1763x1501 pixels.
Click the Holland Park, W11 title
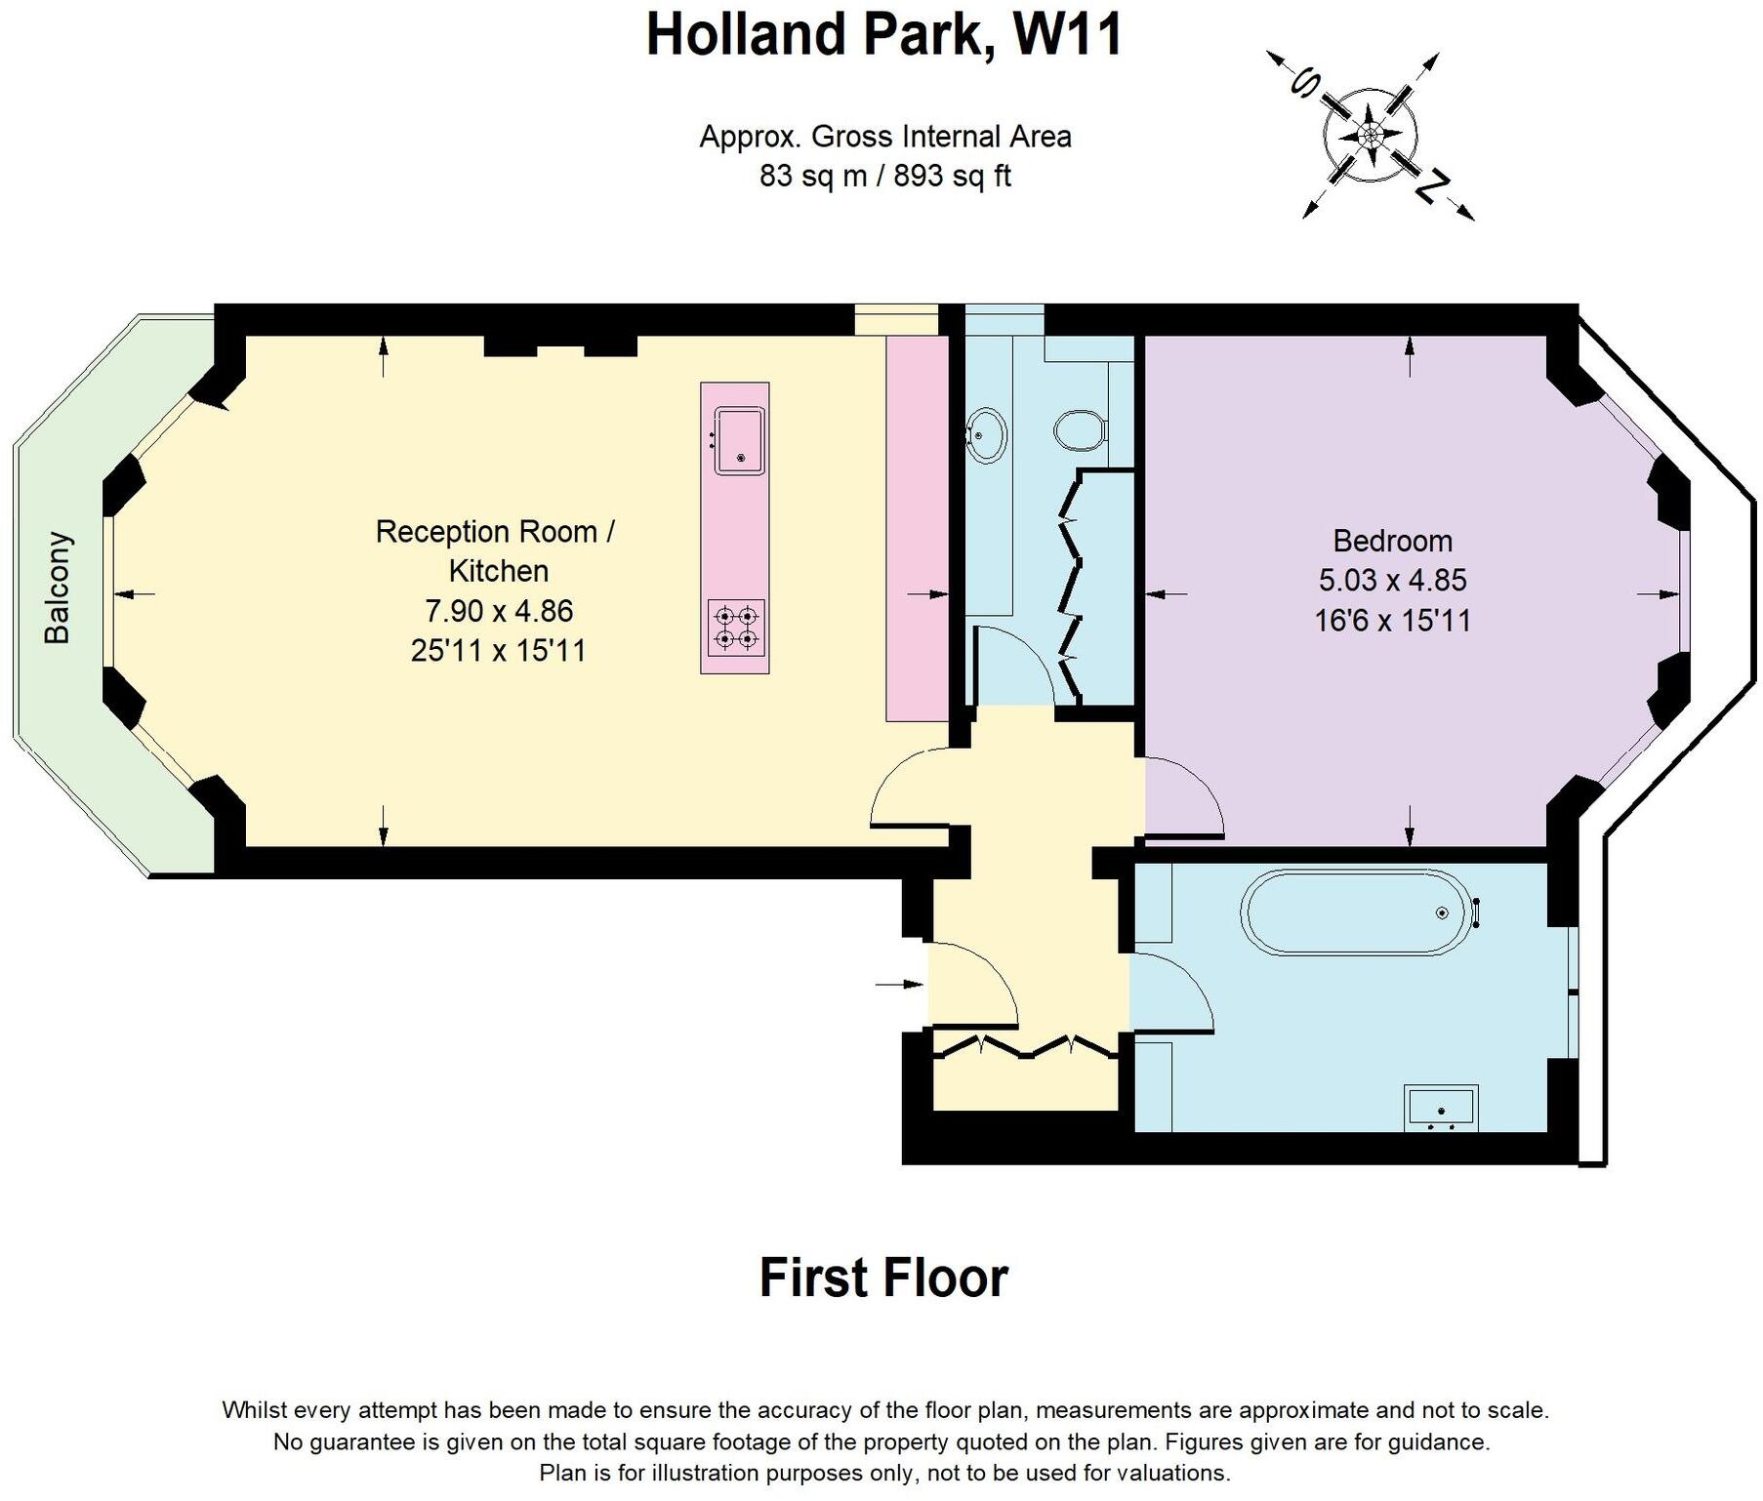[x=884, y=35]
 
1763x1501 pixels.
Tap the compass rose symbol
[x=1370, y=135]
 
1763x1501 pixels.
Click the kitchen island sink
[x=739, y=440]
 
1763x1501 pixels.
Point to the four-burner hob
[x=736, y=628]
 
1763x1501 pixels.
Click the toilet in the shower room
[x=1079, y=429]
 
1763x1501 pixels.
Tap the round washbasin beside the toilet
[x=986, y=434]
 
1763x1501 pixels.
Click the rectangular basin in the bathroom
[x=1441, y=1108]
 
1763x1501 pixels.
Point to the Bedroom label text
[x=1392, y=541]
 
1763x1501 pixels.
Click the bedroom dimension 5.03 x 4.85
[x=1392, y=581]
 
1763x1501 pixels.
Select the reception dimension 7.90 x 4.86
[x=498, y=611]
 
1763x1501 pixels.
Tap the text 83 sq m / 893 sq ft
[x=884, y=177]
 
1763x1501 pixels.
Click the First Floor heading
[x=883, y=1278]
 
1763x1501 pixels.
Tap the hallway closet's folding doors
[x=1024, y=1047]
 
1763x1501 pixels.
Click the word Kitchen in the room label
[x=498, y=571]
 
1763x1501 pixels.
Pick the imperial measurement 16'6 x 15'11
[x=1392, y=621]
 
